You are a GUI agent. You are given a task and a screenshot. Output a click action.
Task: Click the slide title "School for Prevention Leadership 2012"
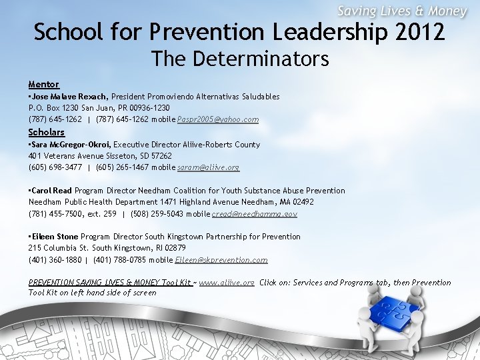coord(239,31)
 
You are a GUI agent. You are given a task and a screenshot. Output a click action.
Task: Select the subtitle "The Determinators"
coord(240,59)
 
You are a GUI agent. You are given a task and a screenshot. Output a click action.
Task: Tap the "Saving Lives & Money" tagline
coord(402,11)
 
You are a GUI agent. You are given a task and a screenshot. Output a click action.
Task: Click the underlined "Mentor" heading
coord(44,84)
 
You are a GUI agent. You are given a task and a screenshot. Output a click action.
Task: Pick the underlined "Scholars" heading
coord(46,132)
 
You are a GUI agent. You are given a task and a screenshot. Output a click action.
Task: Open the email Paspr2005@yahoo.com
coord(218,119)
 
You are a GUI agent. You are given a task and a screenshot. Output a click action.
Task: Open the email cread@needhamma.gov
coord(255,214)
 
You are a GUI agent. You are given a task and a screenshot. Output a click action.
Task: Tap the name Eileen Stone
coord(55,237)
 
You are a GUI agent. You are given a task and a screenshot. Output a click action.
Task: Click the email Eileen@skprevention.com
coord(221,260)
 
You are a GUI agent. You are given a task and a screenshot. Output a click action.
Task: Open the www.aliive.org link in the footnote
coord(227,283)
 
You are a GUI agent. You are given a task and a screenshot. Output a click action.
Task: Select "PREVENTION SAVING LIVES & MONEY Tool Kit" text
coord(110,283)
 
